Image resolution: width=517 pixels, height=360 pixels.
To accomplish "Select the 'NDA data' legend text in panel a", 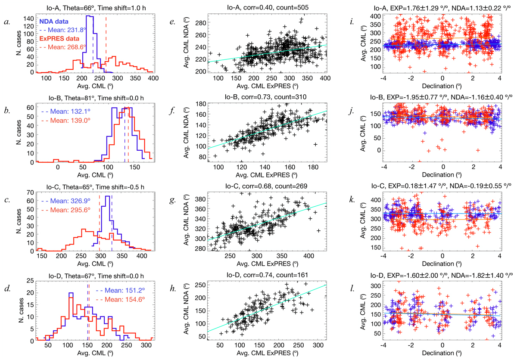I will tap(55, 21).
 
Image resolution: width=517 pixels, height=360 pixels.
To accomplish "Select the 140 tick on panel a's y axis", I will tap(28, 19).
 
